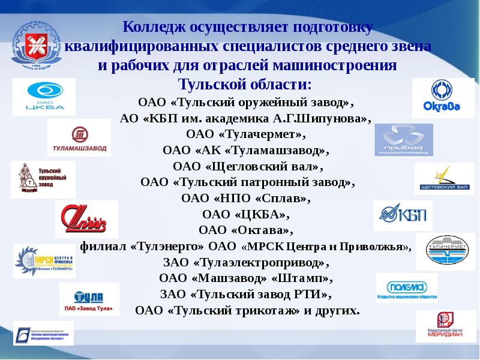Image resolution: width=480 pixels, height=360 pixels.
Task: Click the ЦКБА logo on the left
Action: (x=44, y=97)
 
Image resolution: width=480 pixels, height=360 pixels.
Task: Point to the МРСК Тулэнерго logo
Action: (x=44, y=260)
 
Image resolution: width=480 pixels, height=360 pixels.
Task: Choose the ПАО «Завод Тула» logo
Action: (x=89, y=299)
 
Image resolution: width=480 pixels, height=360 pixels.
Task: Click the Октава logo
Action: (x=443, y=98)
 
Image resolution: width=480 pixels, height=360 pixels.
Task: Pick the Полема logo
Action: (x=406, y=288)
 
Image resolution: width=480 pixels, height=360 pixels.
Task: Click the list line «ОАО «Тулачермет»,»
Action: (x=245, y=133)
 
